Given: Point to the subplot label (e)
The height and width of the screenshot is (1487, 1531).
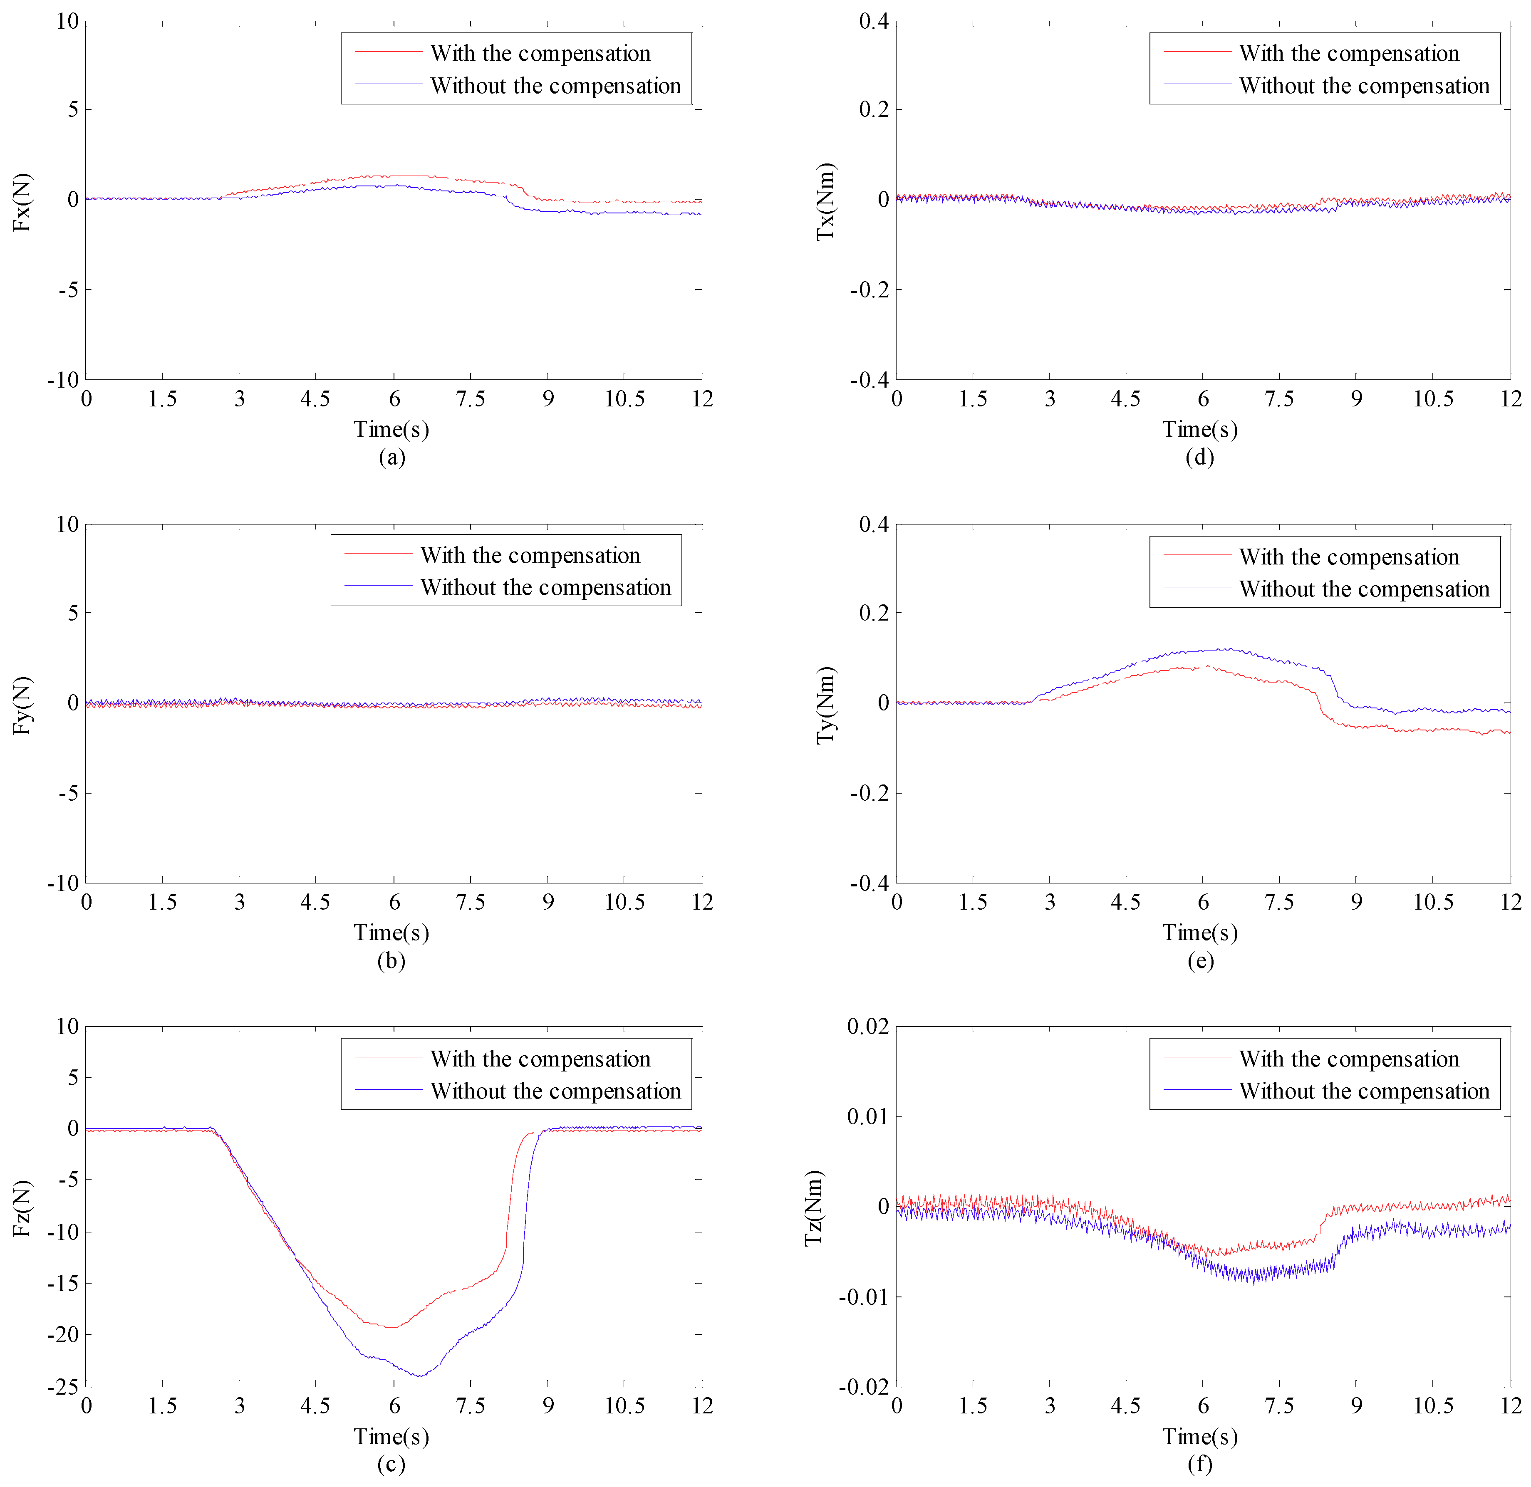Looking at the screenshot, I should pos(1200,960).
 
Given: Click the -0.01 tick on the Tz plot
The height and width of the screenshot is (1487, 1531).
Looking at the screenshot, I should pos(864,1297).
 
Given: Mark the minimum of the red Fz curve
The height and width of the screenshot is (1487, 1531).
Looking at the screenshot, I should pos(393,1328).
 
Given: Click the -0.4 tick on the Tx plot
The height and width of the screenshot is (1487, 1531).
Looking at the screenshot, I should pos(870,380).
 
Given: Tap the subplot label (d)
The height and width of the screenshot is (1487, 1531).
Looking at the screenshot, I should pos(1200,457).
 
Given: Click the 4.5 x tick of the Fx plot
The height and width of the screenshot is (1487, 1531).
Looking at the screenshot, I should pos(316,399).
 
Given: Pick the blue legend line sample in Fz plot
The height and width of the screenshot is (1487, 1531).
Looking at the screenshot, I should pos(388,1089).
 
